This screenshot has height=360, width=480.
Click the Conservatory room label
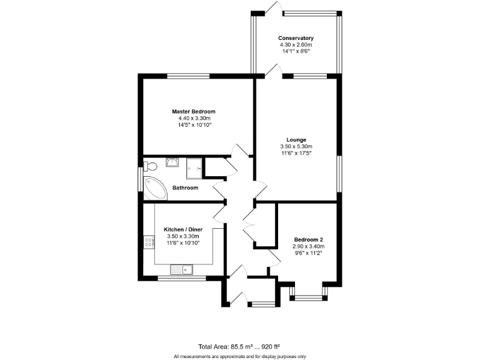(296, 38)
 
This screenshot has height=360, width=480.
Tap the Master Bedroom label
(194, 111)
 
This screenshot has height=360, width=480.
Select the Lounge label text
(296, 139)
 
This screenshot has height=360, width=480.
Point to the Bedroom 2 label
(309, 239)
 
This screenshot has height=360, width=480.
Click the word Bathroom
(186, 187)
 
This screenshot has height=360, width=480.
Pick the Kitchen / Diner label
(182, 229)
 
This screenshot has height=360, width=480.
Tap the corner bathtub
(154, 188)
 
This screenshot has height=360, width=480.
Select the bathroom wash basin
(172, 162)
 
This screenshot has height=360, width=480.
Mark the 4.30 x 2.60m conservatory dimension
(296, 45)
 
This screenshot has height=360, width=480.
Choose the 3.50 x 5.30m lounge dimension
(296, 146)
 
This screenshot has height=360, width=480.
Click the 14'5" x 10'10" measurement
(194, 125)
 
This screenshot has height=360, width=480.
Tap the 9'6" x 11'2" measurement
(309, 253)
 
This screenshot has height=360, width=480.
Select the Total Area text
(239, 346)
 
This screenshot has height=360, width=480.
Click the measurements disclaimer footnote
(239, 356)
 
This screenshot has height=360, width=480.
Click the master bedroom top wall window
(187, 76)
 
